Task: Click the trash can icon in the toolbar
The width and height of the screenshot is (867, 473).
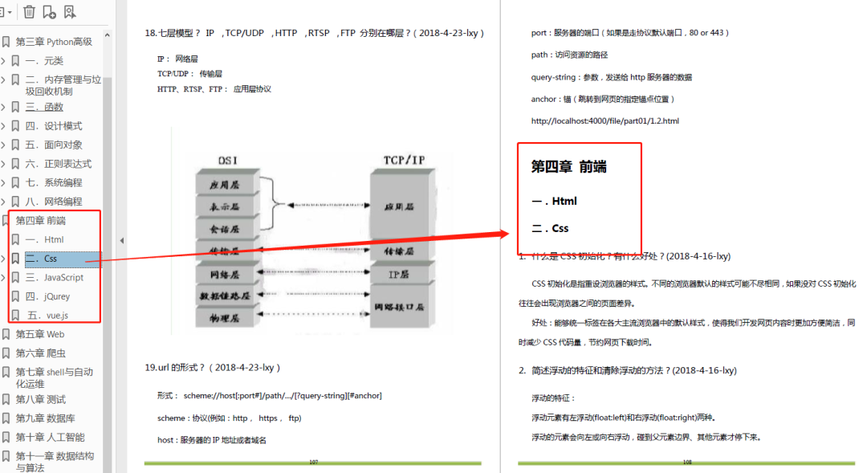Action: tap(29, 11)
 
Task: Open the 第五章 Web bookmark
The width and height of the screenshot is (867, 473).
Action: tap(40, 334)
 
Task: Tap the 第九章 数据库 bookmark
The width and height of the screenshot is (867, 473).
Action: tap(47, 418)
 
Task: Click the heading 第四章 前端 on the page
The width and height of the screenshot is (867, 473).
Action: tap(568, 167)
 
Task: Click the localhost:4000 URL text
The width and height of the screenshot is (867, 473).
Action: tap(604, 121)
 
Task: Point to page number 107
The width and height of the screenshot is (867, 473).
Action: tap(313, 463)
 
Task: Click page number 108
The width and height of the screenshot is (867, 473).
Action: tap(687, 463)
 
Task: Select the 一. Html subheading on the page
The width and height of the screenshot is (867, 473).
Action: tap(554, 202)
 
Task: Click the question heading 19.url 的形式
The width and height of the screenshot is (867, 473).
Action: tap(212, 367)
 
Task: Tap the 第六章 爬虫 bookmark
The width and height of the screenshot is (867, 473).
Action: tap(41, 353)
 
